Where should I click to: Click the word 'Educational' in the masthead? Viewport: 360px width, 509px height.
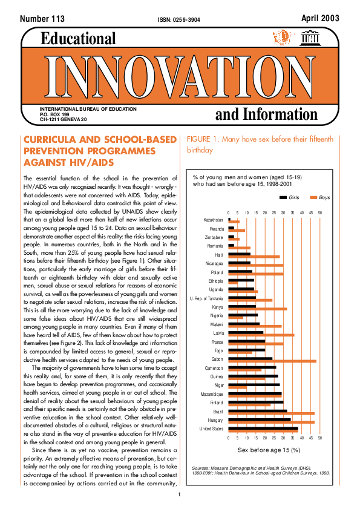pos(78,39)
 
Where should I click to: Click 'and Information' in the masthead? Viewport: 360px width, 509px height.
pos(266,114)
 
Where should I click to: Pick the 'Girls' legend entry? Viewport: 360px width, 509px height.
pos(293,197)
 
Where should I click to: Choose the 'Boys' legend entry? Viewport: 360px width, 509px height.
pos(324,197)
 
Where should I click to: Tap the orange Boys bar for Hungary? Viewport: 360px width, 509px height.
pos(272,422)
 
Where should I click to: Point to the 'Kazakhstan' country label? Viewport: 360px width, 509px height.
pos(213,220)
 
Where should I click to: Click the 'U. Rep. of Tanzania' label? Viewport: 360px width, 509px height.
pos(206,298)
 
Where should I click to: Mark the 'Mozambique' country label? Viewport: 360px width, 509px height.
pos(212,394)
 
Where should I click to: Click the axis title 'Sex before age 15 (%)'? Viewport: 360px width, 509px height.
pos(269,450)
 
